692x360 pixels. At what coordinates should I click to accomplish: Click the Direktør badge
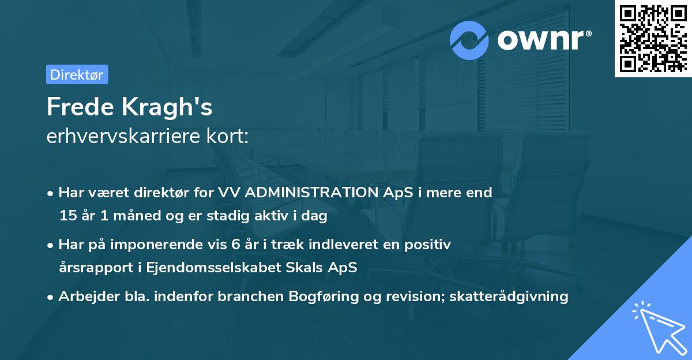tap(77, 74)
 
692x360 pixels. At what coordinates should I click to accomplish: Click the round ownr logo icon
tap(469, 40)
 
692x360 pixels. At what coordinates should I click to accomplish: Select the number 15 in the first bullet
tap(68, 216)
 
